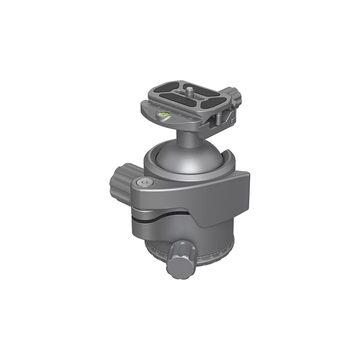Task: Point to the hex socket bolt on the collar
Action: [144, 182]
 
